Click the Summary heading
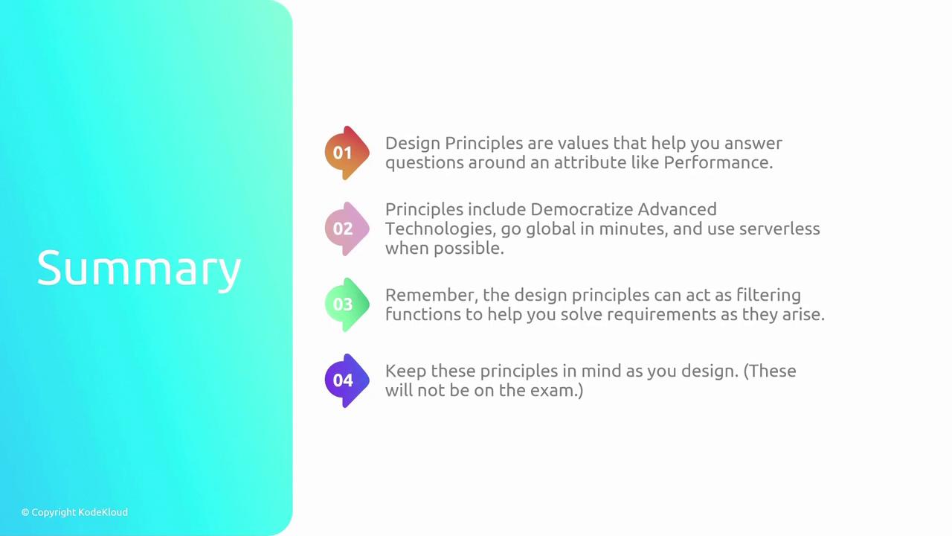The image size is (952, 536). [x=139, y=269]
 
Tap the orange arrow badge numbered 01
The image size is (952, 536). [x=347, y=153]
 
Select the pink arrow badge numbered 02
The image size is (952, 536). [x=347, y=229]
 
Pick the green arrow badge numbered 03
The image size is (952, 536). [x=347, y=304]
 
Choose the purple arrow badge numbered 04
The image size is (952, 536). [x=347, y=380]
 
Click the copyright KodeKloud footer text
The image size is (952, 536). [x=74, y=512]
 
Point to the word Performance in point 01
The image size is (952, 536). [x=718, y=162]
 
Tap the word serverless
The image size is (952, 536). [x=779, y=229]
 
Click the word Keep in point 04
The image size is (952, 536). [x=406, y=371]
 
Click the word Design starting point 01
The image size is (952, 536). [x=413, y=144]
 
